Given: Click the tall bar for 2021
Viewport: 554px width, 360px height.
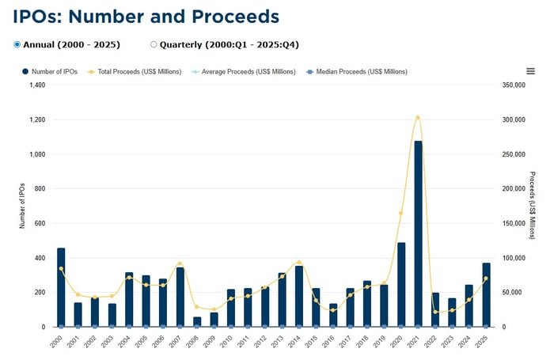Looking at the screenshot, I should [x=418, y=233].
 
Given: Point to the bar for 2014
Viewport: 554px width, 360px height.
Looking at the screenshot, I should [x=298, y=297].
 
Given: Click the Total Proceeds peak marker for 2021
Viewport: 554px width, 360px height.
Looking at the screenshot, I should [x=418, y=117].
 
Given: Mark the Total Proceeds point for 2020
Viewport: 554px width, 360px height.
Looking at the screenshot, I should [x=400, y=213].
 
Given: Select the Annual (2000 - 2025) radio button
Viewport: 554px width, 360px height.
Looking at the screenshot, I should [x=18, y=44].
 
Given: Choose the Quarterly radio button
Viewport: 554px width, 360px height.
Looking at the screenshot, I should [x=154, y=44].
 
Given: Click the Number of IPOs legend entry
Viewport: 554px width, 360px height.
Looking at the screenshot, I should [x=50, y=72].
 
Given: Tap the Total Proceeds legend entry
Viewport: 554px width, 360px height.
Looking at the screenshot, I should [x=139, y=72].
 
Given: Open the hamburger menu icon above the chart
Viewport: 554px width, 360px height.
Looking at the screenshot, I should [x=530, y=71].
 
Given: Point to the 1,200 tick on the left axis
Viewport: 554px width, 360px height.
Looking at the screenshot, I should [x=36, y=119].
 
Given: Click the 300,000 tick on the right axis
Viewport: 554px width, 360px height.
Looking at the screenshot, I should [x=514, y=119].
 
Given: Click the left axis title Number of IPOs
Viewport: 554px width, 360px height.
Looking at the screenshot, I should [x=22, y=205].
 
